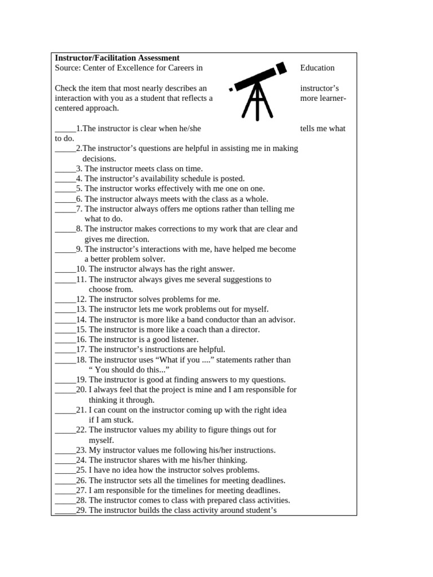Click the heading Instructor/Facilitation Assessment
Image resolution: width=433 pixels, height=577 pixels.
(117, 58)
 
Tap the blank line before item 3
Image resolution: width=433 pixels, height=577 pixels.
(65, 169)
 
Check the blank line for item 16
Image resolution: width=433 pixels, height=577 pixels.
(65, 340)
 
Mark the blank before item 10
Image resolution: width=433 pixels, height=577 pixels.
(65, 269)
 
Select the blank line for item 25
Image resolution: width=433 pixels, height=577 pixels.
(65, 471)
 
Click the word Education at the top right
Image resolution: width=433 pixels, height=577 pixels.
(317, 68)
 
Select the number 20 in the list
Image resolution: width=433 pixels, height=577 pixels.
(81, 390)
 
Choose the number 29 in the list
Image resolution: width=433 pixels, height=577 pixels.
(81, 511)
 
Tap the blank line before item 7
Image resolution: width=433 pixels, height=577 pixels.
(65, 209)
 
